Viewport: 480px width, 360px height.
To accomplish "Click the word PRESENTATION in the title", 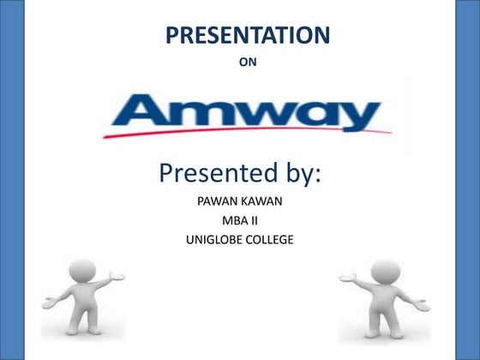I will pyautogui.click(x=247, y=35).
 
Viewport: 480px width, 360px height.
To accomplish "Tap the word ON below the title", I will pyautogui.click(x=247, y=62).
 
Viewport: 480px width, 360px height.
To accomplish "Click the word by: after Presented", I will pyautogui.click(x=301, y=175).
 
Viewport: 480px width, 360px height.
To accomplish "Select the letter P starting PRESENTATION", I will pyautogui.click(x=171, y=35).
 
